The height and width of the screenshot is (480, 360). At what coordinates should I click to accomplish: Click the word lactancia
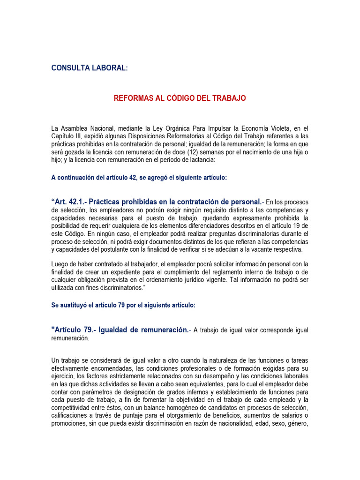pyautogui.click(x=200, y=160)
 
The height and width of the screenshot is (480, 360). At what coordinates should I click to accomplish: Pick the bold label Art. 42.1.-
pyautogui.click(x=70, y=202)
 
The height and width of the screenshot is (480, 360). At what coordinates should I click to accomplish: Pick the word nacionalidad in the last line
pyautogui.click(x=242, y=423)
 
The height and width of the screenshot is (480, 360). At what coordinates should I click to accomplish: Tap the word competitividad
pyautogui.click(x=72, y=407)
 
